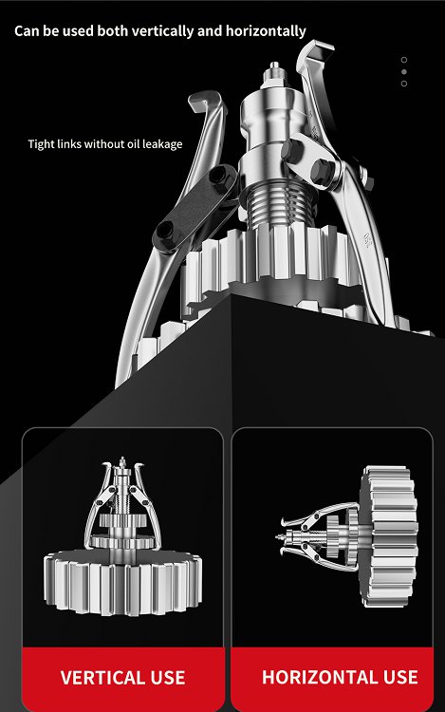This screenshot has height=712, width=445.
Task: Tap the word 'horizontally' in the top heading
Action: coord(266,31)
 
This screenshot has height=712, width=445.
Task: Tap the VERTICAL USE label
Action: coord(123,678)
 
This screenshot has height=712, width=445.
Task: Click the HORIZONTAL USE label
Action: coord(340,677)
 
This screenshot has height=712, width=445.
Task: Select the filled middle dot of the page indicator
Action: coord(404,72)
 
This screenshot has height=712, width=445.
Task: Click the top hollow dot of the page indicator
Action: coord(404,60)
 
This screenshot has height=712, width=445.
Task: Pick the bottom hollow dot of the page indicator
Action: coord(404,84)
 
